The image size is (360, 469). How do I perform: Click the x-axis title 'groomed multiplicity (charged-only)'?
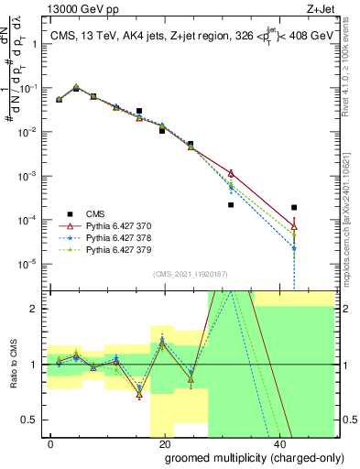[x=242, y=455]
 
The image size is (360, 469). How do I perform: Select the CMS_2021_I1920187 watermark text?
[x=189, y=273]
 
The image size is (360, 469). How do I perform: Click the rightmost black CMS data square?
[x=294, y=208]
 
